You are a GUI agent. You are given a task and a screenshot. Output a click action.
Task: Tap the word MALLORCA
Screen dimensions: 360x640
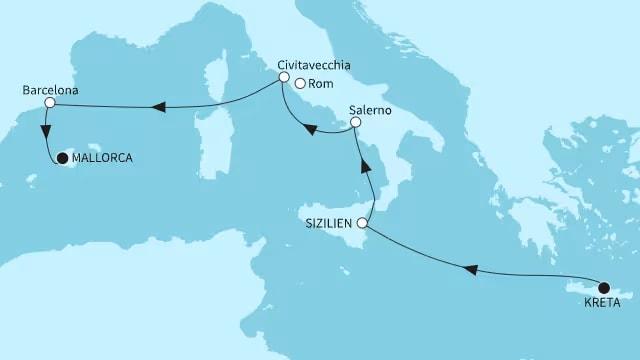(x=102, y=158)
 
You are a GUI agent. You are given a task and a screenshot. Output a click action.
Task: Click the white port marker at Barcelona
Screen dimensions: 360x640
(x=48, y=103)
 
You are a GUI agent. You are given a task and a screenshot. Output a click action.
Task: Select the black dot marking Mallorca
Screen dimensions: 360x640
(x=62, y=158)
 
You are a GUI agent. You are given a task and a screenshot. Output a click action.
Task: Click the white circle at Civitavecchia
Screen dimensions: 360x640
(x=284, y=77)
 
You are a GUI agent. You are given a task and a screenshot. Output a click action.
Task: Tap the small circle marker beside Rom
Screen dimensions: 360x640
(x=300, y=83)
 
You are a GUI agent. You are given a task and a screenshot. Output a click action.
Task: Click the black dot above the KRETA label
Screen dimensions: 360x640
(x=603, y=286)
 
